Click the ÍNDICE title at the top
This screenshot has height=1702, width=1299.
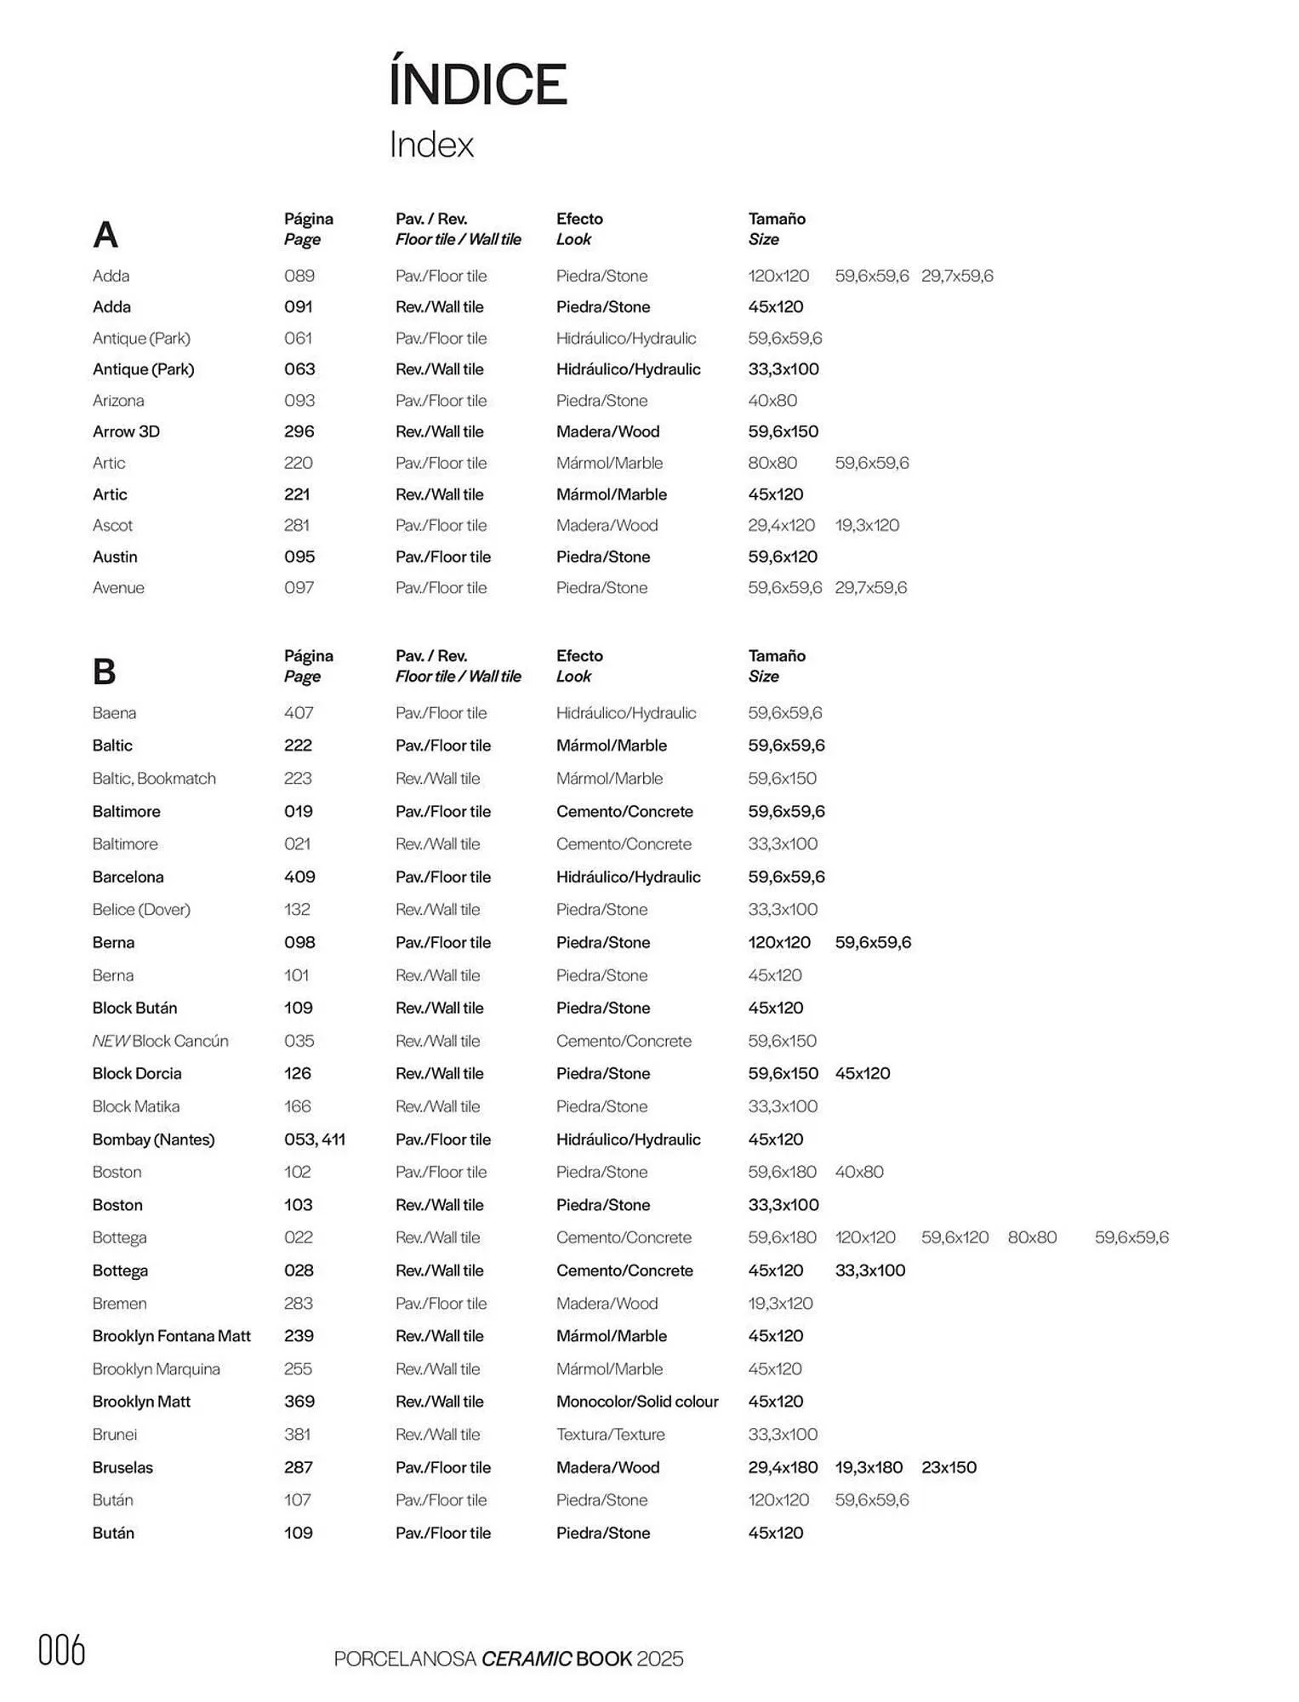pos(478,84)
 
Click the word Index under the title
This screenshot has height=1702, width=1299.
pos(431,145)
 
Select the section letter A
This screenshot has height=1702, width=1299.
pos(105,235)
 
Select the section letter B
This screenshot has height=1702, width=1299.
pos(104,671)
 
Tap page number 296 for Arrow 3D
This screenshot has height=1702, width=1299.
pos(299,431)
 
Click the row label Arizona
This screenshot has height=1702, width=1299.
pos(118,400)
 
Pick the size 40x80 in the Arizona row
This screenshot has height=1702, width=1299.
pos(772,400)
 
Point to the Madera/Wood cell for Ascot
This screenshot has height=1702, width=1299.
pos(607,525)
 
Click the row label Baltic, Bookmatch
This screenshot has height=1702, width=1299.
pos(154,778)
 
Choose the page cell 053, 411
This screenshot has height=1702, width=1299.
pos(315,1139)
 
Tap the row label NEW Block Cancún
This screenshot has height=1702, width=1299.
pos(160,1041)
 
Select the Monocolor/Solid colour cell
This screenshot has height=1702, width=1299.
pos(637,1401)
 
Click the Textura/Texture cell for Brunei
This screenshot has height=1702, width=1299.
pos(610,1434)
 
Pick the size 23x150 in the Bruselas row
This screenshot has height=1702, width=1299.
pos(949,1467)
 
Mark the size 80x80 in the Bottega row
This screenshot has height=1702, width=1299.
pos(1032,1237)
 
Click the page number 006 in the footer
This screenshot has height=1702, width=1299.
pos(62,1651)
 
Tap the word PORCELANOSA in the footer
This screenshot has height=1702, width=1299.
pos(405,1659)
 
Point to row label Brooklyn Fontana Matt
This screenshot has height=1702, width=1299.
pos(171,1336)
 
